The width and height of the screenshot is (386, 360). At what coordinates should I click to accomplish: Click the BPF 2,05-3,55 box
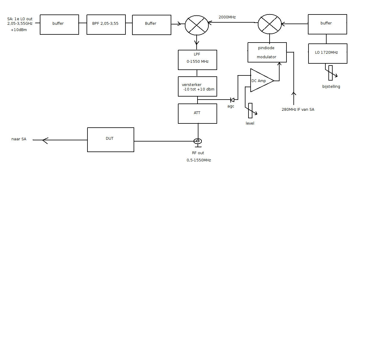pos(106,24)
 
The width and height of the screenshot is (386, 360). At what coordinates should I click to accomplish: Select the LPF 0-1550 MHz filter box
pos(197,60)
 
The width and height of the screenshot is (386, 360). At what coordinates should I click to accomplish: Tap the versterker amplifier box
pos(197,86)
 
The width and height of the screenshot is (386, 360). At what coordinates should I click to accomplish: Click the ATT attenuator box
pos(197,113)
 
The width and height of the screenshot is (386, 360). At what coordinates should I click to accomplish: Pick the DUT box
pos(110,139)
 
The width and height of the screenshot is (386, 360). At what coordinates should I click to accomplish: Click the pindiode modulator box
pos(267,52)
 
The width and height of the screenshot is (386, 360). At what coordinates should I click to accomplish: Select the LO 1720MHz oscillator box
pos(327,53)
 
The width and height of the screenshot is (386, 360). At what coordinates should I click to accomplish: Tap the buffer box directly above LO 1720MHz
pos(327,24)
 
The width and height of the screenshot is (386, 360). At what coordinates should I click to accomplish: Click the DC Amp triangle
pos(260,81)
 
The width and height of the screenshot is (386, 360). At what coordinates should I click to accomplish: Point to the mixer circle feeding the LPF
pos(197,25)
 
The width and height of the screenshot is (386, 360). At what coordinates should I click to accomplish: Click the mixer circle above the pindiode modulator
pos(270,24)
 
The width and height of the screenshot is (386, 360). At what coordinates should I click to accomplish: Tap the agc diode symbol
pos(232,100)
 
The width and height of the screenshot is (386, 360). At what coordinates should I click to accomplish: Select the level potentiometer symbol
pos(250,111)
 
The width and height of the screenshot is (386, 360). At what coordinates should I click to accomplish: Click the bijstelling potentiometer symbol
pos(331,73)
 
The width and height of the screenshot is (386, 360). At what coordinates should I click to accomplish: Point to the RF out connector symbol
pos(198,141)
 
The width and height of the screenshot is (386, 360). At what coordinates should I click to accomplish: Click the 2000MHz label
pos(227,17)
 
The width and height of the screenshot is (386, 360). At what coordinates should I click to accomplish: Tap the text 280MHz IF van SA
pos(298,110)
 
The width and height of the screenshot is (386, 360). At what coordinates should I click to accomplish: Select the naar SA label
pos(19,139)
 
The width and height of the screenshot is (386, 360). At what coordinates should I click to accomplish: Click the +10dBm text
pos(19,30)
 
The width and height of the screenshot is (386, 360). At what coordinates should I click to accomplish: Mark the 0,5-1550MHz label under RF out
pos(199,160)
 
